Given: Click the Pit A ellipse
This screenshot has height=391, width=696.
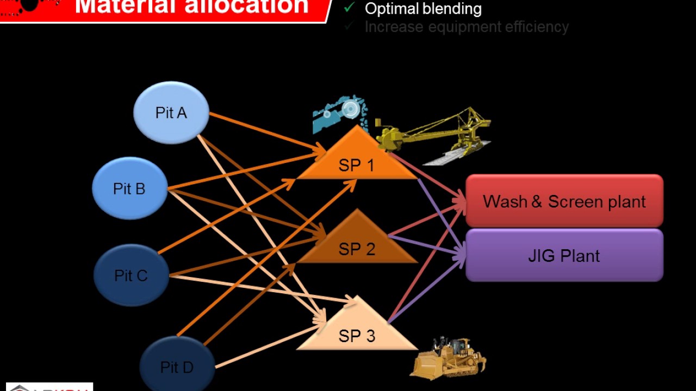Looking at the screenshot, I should pos(171,112).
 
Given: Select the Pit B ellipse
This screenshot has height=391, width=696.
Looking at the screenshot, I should pos(129,188).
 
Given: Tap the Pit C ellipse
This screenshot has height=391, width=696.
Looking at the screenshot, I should pos(131,275).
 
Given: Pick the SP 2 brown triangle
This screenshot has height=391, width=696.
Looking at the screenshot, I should pos(357,245).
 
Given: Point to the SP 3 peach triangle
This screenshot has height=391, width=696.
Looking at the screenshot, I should pos(357,332).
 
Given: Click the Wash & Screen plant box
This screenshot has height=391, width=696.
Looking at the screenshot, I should pos(564,201).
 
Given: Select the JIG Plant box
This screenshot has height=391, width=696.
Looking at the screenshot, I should pos(564,255).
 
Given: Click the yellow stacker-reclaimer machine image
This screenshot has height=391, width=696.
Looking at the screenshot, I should pos(435,133).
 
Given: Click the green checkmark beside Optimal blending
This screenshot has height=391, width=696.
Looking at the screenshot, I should pos(350,8).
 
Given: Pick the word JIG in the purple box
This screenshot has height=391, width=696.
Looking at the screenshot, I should pos(540,256).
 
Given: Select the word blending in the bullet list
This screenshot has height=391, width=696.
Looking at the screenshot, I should pos(455,9).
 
